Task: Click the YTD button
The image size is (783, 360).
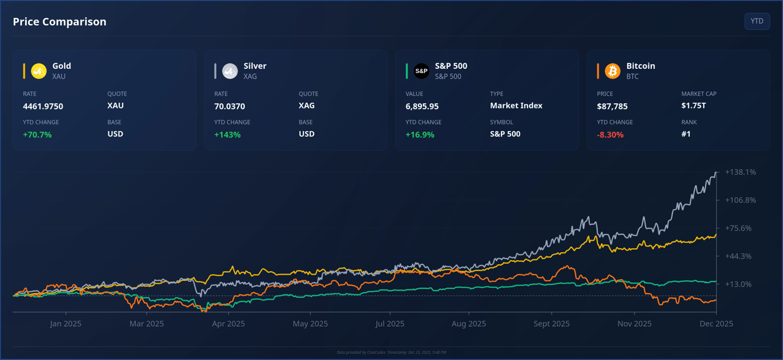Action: [x=757, y=21]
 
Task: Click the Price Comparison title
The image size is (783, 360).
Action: [x=60, y=22]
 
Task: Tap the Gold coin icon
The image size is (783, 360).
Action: [x=39, y=71]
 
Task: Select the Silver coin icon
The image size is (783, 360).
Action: [x=230, y=71]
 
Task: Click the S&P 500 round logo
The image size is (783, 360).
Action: [x=421, y=71]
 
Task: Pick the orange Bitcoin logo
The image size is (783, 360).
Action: [x=613, y=71]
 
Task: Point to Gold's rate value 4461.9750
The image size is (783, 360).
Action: [x=43, y=106]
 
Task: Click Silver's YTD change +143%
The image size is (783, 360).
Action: [x=228, y=135]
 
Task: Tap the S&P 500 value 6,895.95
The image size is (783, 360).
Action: [x=422, y=106]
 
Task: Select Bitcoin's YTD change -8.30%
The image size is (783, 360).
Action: [x=610, y=135]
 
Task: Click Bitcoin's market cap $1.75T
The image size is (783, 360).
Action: [x=694, y=105]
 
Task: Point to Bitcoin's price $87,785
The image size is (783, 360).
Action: [x=612, y=106]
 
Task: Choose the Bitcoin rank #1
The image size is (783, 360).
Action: [x=686, y=134]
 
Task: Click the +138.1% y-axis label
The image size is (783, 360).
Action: [x=740, y=172]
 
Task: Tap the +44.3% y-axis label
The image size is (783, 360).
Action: [x=738, y=256]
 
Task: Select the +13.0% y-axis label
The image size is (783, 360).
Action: [x=738, y=284]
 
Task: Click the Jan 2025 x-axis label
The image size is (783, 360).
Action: [x=65, y=323]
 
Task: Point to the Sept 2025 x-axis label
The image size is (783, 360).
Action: [x=551, y=323]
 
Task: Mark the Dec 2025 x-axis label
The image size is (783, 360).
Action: [x=716, y=323]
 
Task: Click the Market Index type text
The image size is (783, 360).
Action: [x=516, y=105]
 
